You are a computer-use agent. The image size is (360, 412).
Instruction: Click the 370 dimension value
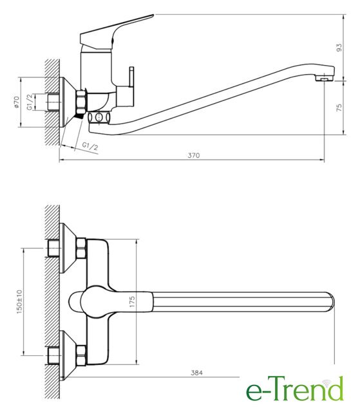[x=194, y=155]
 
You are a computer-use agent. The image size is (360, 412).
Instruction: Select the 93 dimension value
[x=339, y=48]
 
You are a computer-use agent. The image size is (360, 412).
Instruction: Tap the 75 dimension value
[x=339, y=108]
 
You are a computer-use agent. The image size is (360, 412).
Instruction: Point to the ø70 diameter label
[x=16, y=102]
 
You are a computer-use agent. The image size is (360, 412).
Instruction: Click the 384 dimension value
[x=196, y=373]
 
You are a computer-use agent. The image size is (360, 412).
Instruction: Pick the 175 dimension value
[x=132, y=302]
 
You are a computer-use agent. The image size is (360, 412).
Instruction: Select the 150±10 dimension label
[x=19, y=302]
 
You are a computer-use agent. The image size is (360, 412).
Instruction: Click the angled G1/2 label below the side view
[x=90, y=146]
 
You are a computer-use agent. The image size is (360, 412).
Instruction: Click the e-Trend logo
[x=295, y=389]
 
